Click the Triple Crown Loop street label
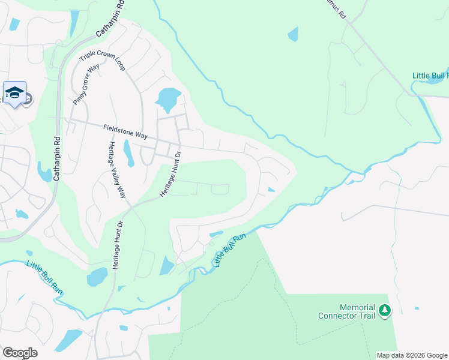tap(103, 58)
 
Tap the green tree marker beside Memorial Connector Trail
tap(384, 311)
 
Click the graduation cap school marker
tap(14, 93)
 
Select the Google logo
tap(20, 353)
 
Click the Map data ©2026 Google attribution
tap(411, 355)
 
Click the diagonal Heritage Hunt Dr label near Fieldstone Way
tap(169, 174)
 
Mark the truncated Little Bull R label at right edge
tap(430, 76)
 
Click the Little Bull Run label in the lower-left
tap(45, 277)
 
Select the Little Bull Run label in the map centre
tap(231, 250)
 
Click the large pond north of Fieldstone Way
tap(168, 98)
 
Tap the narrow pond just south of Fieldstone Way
tap(128, 152)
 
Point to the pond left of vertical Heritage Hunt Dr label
tap(97, 277)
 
